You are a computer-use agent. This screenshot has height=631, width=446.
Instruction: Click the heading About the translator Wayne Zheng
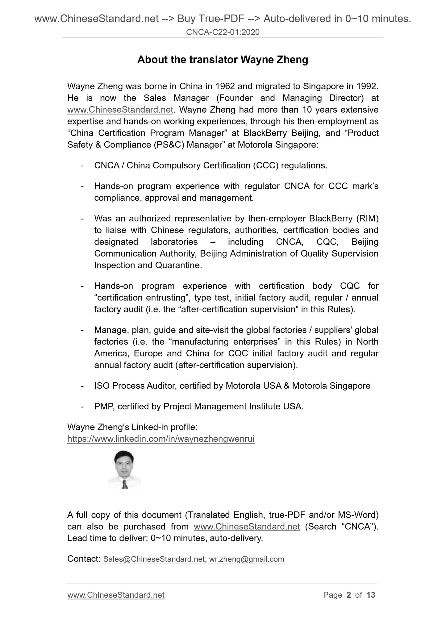223,60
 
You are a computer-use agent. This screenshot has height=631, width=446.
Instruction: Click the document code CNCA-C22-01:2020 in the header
223,32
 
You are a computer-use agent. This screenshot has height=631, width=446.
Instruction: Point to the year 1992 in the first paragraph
367,86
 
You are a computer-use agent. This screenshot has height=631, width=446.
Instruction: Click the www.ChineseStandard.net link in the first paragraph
120,110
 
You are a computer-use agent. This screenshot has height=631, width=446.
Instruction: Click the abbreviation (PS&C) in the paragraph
169,145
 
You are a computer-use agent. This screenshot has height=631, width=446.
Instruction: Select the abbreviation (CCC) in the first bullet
266,166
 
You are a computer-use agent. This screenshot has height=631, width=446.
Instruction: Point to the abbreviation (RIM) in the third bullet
367,219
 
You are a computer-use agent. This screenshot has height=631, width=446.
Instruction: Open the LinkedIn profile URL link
161,439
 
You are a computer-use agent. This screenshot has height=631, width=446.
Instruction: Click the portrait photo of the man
124,469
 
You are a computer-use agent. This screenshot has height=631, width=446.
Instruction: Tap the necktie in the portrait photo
125,485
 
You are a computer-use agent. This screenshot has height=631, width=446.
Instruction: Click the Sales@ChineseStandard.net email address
154,559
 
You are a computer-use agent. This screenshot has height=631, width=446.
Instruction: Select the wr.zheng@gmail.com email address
247,559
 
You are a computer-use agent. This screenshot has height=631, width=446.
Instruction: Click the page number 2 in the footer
349,595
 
